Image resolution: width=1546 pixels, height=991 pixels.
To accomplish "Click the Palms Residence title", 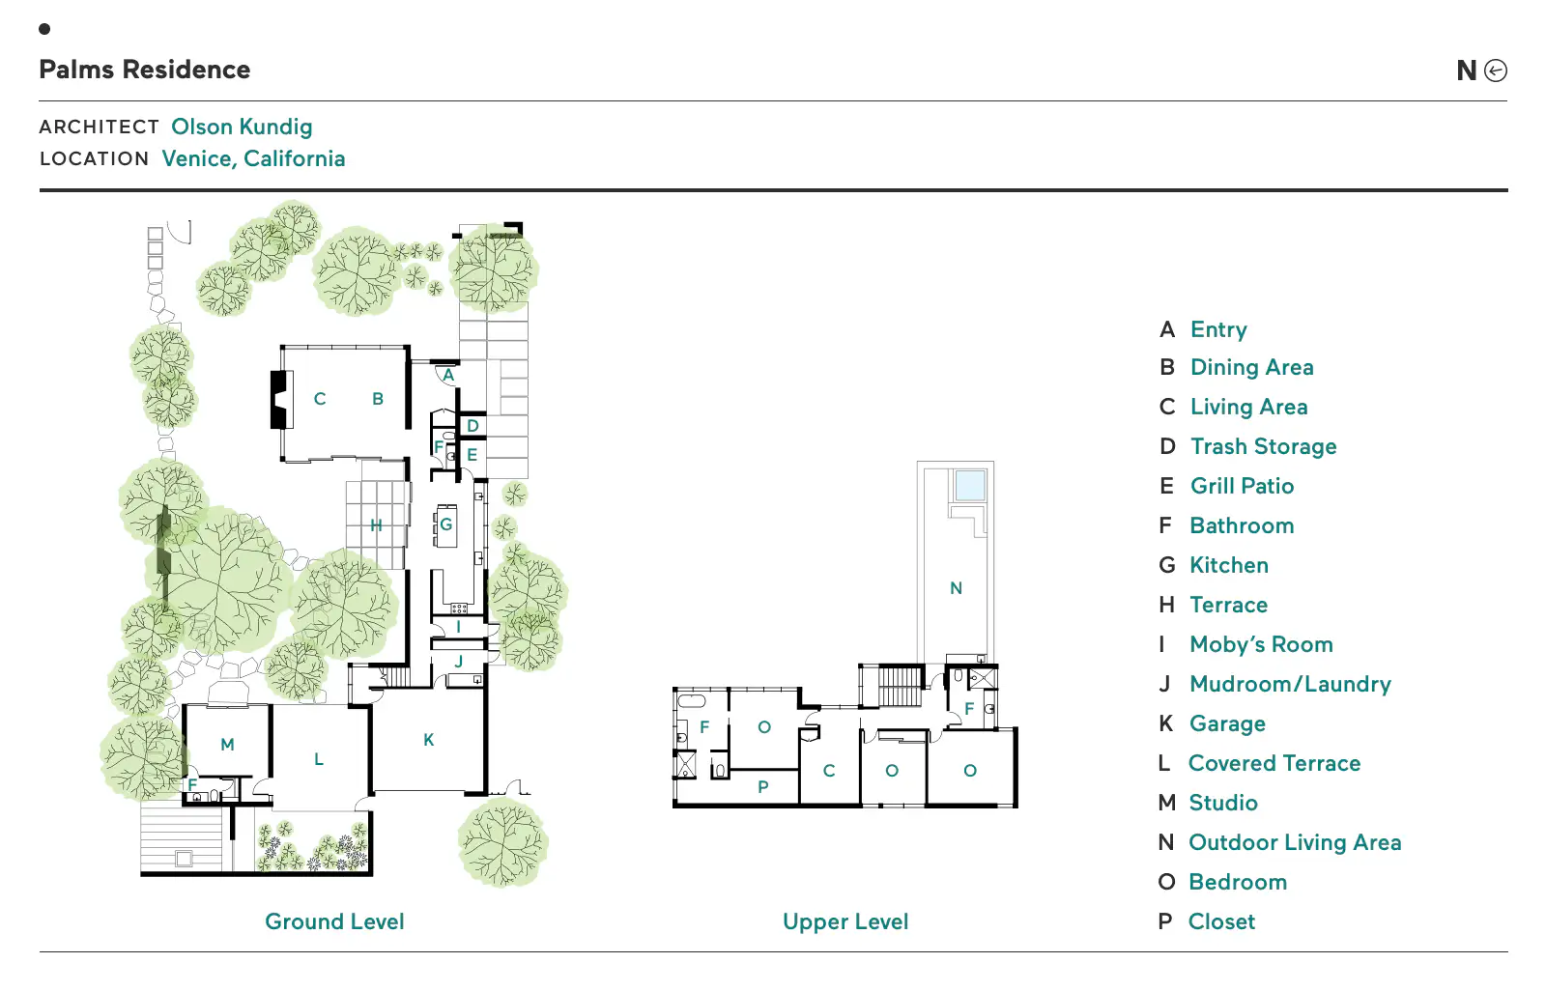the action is click(x=144, y=70).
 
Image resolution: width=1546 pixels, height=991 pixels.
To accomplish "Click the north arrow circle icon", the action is click(x=1495, y=71).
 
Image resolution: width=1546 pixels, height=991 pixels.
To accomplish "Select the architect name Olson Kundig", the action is click(x=242, y=127).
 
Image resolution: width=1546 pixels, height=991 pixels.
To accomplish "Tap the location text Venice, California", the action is click(x=253, y=158).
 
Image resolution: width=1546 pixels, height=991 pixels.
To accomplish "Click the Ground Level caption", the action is click(x=334, y=921).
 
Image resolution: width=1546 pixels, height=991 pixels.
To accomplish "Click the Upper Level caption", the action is click(x=845, y=921).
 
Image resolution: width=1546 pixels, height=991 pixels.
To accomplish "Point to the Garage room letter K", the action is click(x=429, y=740).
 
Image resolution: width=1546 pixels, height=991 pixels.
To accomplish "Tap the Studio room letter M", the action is click(x=227, y=745).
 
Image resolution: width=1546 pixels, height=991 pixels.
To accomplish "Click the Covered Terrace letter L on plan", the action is click(x=318, y=759).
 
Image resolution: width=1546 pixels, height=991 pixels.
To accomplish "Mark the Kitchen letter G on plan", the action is click(x=445, y=524).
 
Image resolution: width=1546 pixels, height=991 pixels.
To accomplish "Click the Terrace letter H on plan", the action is click(x=376, y=525).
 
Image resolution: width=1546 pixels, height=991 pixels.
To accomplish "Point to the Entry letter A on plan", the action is click(x=448, y=376).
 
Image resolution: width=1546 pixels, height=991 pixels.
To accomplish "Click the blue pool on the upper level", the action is click(x=970, y=485).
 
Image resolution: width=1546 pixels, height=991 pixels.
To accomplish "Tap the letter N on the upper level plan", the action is click(x=956, y=588).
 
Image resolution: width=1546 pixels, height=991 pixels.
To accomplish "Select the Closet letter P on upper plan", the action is click(x=762, y=787).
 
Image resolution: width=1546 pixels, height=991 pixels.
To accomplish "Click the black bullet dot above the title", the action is click(x=44, y=29).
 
